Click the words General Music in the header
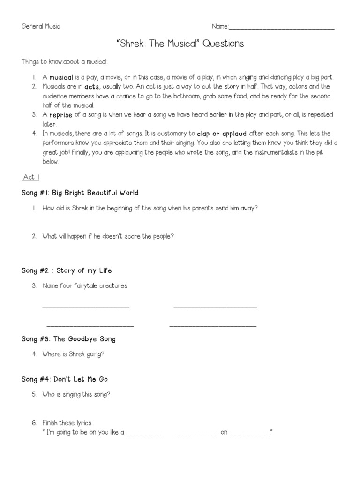(x=41, y=26)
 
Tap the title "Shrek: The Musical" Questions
(x=180, y=44)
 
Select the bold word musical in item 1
(x=61, y=77)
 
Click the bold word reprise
(x=61, y=115)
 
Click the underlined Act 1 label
(x=31, y=177)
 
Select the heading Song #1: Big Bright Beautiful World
(x=80, y=193)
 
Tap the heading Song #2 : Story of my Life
(x=67, y=270)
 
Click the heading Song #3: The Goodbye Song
(x=68, y=339)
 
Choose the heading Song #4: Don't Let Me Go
(x=65, y=379)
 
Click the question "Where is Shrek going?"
(x=73, y=354)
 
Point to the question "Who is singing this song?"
(x=76, y=394)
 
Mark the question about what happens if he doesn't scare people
(x=108, y=236)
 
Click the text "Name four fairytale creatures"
(x=84, y=285)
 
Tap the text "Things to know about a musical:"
(x=65, y=62)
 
